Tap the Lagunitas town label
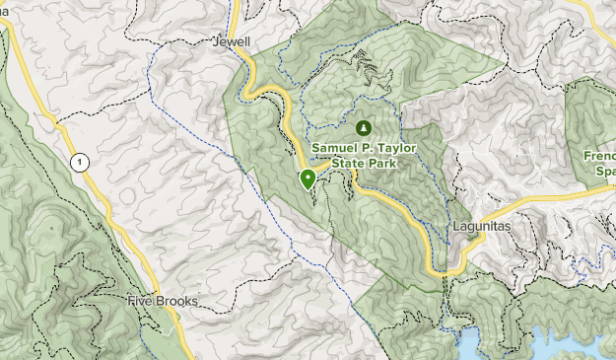point(479,225)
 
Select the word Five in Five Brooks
point(143,300)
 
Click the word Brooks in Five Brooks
point(178,300)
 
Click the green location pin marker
point(308,179)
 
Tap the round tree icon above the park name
point(364,128)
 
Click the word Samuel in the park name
point(337,148)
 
